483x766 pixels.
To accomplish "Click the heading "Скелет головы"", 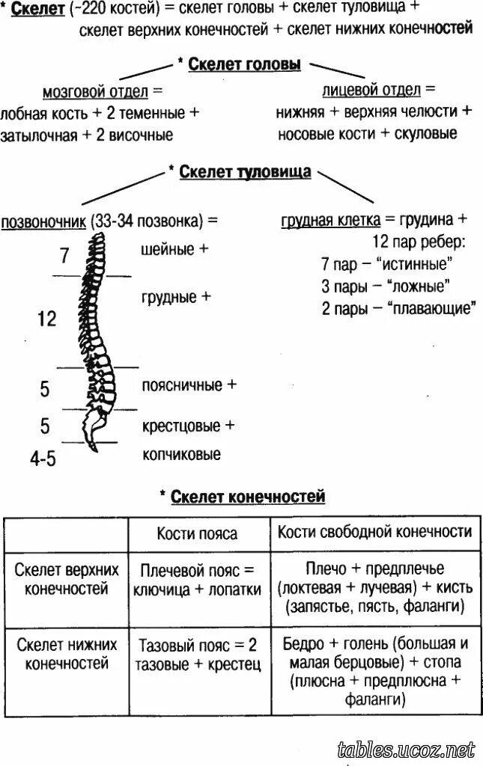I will [x=244, y=65].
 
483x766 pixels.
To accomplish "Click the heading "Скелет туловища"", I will [x=245, y=172].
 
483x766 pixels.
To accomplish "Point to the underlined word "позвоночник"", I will [x=44, y=221].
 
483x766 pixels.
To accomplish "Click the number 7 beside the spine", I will [x=64, y=256].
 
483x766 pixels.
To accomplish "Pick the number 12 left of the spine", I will [x=46, y=319].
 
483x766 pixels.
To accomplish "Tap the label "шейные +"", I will [x=174, y=250].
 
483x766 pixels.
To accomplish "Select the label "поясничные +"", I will [x=189, y=385].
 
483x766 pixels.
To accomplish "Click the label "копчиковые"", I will [x=182, y=454].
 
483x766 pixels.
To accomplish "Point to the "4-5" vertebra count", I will [x=43, y=458].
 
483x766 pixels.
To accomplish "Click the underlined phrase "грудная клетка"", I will [x=330, y=221].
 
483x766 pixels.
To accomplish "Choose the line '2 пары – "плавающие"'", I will [x=398, y=308].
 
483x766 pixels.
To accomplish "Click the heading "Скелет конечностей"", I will [x=248, y=497].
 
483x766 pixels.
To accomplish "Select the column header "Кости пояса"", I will [x=197, y=533].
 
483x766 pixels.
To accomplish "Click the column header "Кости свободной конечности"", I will [x=374, y=532].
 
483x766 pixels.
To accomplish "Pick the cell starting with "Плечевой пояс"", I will [x=197, y=580].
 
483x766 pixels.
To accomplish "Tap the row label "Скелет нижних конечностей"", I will [x=67, y=653].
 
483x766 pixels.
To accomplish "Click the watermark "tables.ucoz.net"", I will [x=407, y=748].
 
